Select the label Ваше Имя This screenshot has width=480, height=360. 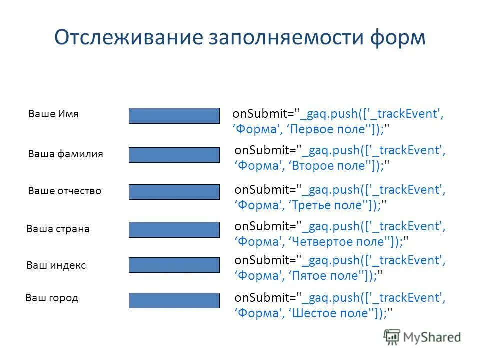pos(54,114)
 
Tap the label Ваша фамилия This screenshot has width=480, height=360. pos(66,154)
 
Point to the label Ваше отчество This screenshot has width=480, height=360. pos(65,191)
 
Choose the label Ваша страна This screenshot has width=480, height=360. pos(58,229)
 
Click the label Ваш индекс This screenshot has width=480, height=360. pos(56,266)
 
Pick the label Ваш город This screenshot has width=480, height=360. pos(52,298)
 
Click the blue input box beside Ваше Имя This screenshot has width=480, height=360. pos(174,116)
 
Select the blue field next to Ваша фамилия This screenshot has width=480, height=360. pos(174,155)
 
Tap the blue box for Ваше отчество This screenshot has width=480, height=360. pos(174,192)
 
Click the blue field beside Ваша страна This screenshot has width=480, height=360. pos(174,230)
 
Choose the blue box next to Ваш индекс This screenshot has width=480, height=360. pos(174,265)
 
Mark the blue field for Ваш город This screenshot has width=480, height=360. pos(174,300)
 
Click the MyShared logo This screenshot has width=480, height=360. pos(422,337)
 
